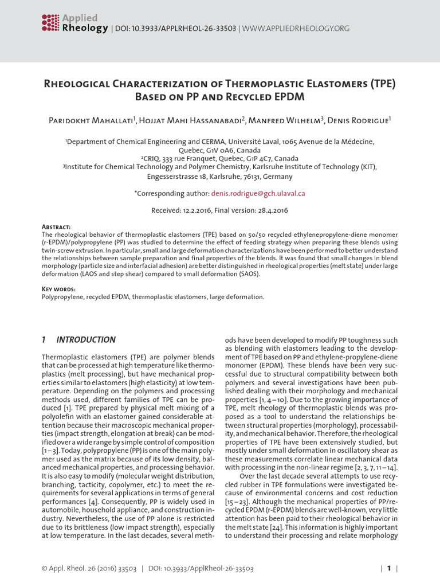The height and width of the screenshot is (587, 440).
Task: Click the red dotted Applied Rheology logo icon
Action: click(x=50, y=22)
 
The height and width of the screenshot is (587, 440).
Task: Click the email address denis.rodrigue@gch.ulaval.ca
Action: click(x=258, y=194)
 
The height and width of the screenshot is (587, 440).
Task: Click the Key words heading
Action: click(x=58, y=290)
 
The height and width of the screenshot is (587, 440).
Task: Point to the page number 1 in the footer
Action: click(x=388, y=569)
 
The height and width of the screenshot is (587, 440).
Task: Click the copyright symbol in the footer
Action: click(x=45, y=569)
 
